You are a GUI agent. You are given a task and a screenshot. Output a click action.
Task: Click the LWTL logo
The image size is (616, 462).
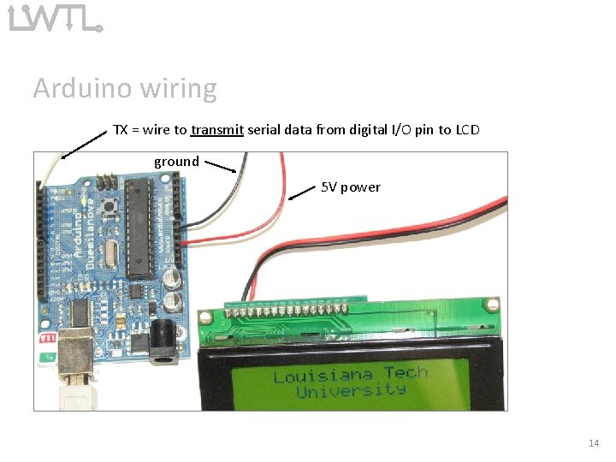click(x=55, y=17)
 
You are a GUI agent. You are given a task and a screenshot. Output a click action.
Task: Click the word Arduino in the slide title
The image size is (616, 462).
click(x=75, y=88)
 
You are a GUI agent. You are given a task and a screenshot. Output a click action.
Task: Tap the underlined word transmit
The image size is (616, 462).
click(x=218, y=130)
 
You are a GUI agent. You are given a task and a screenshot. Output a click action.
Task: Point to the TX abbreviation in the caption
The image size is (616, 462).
click(x=121, y=130)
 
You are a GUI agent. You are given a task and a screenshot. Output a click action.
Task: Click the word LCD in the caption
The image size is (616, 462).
click(x=467, y=130)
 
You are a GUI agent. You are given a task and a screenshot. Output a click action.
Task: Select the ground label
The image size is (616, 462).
click(x=176, y=161)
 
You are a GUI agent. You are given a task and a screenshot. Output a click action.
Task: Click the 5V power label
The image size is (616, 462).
click(x=351, y=187)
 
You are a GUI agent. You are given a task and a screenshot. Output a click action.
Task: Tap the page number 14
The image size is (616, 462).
click(x=594, y=443)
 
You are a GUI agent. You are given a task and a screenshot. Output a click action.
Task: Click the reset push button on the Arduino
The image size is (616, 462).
click(x=111, y=206)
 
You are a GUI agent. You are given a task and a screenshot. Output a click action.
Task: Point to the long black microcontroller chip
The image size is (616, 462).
click(x=137, y=228)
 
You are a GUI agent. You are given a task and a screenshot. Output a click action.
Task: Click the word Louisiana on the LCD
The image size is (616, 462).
click(x=323, y=376)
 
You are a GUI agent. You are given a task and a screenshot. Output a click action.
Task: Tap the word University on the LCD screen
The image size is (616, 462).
click(x=351, y=391)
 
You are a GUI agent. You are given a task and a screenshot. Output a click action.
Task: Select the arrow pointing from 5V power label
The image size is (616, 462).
click(x=302, y=193)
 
